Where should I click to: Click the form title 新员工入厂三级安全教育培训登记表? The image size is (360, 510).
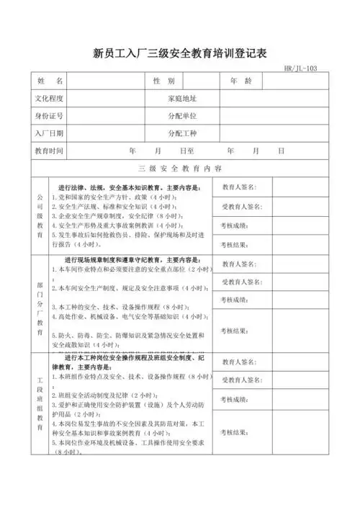coord(180,53)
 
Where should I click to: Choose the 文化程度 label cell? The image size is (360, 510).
coord(50,98)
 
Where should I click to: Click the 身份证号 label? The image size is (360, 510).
coord(50,115)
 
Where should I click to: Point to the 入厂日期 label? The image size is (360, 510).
coord(50,133)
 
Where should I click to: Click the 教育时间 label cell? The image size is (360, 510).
coord(50,151)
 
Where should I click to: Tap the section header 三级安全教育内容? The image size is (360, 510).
coord(180,169)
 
